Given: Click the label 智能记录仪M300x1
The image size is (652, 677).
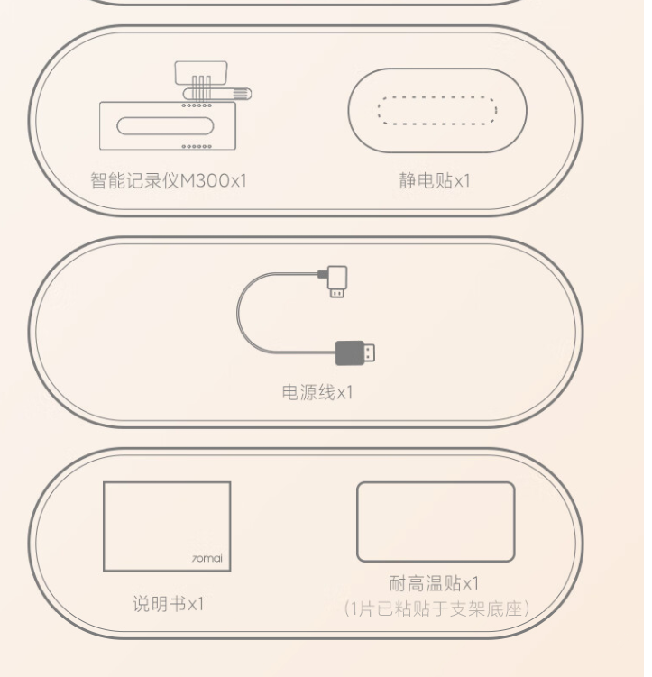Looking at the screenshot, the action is click(x=169, y=180).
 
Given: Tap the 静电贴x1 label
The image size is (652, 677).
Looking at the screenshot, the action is click(x=435, y=180).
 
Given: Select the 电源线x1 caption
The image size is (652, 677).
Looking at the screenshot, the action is click(x=317, y=392).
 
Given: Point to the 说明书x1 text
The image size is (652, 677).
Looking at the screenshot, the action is click(x=168, y=604).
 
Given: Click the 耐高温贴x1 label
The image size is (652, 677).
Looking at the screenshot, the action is click(x=435, y=583).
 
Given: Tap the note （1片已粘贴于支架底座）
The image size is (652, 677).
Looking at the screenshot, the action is click(x=436, y=608).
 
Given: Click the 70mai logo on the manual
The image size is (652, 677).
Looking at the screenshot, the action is click(x=207, y=558).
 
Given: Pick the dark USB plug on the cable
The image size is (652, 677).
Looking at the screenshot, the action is click(x=355, y=352).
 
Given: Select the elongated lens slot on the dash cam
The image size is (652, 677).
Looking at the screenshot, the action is click(x=165, y=125).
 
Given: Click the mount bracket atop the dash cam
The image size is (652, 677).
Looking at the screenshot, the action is click(x=201, y=72).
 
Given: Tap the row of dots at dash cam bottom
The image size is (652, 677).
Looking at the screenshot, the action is click(x=197, y=146).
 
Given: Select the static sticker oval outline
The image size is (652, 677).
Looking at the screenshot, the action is click(x=437, y=69).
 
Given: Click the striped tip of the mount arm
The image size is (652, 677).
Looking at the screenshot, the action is click(x=242, y=94).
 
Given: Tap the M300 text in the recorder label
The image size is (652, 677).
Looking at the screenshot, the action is click(x=205, y=180).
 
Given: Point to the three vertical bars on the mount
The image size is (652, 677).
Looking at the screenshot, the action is click(x=202, y=88).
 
